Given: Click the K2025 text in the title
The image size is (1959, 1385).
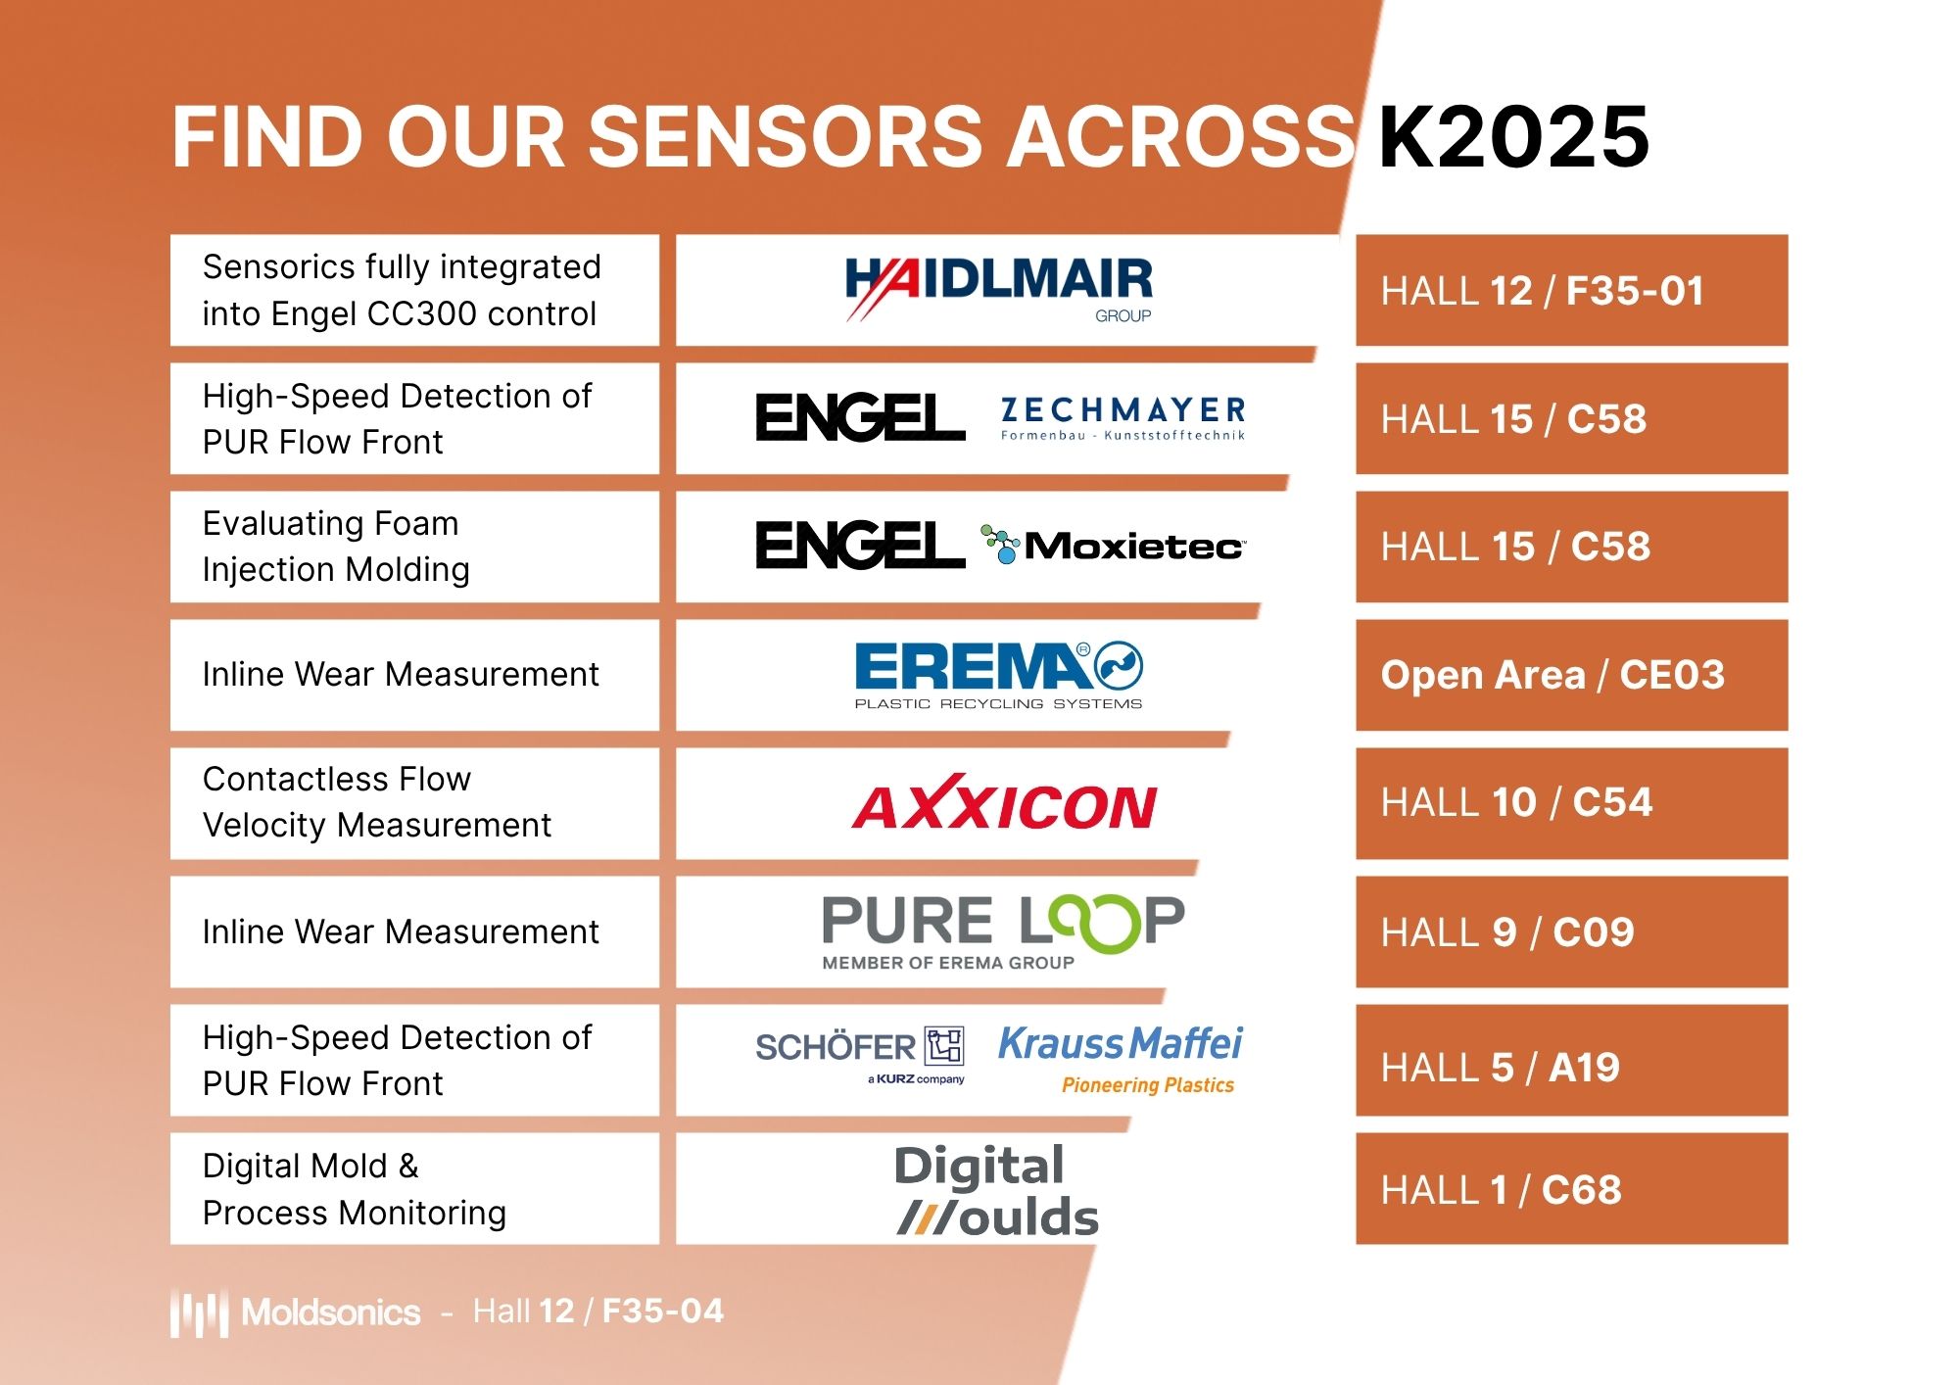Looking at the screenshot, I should click(1513, 137).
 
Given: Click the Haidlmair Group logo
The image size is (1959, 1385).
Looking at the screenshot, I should click(998, 288).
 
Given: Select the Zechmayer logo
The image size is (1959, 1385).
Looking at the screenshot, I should click(1123, 418).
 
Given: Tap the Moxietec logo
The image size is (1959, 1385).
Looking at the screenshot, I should click(1114, 545).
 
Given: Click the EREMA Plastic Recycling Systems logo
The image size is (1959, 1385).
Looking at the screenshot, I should click(998, 675).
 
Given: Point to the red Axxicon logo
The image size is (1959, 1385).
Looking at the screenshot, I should click(1004, 804).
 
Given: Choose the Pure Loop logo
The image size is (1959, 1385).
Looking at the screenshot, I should click(1002, 931).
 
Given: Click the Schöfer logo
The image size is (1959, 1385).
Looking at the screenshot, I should click(860, 1054).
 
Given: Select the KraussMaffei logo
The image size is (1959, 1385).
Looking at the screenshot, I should click(1121, 1056).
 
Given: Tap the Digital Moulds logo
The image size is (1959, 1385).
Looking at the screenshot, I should click(996, 1190).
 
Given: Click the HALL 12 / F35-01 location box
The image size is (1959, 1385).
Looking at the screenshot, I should click(1571, 290).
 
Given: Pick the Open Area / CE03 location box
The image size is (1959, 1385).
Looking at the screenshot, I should click(1571, 675).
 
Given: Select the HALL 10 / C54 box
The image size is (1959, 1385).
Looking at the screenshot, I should click(1571, 803).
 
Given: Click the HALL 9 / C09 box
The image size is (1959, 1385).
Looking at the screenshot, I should click(1571, 931).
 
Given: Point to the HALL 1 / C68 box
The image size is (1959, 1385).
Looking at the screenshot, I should click(1571, 1189).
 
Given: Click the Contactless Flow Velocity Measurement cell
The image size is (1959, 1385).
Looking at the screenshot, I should click(414, 803).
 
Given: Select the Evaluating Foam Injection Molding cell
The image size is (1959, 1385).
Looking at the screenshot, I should click(414, 547).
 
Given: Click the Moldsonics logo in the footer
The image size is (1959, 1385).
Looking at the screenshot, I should click(296, 1313).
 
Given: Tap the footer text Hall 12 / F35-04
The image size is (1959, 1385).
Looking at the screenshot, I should click(598, 1311).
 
